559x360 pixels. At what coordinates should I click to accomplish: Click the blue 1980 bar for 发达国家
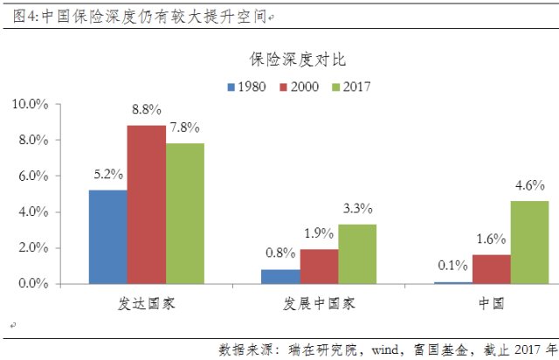107,236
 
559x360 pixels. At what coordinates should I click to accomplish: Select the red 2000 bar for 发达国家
146,204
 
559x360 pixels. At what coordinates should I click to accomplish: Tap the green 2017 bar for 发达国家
184,213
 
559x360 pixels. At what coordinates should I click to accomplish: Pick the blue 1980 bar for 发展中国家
280,276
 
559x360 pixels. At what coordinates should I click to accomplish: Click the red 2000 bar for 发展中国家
319,267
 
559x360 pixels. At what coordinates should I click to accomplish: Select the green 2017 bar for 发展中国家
357,253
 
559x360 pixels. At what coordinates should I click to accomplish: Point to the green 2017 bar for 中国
529,242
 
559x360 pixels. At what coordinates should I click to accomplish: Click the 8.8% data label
147,110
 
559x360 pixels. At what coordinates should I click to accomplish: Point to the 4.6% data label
529,185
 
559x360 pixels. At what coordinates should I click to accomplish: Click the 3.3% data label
357,209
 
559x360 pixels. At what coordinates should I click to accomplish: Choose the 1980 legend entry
246,87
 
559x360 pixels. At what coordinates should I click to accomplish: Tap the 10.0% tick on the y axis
30,104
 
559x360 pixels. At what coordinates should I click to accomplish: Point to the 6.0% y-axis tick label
32,176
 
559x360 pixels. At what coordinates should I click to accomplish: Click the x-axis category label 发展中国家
319,303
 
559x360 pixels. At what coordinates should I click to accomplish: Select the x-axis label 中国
491,303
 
